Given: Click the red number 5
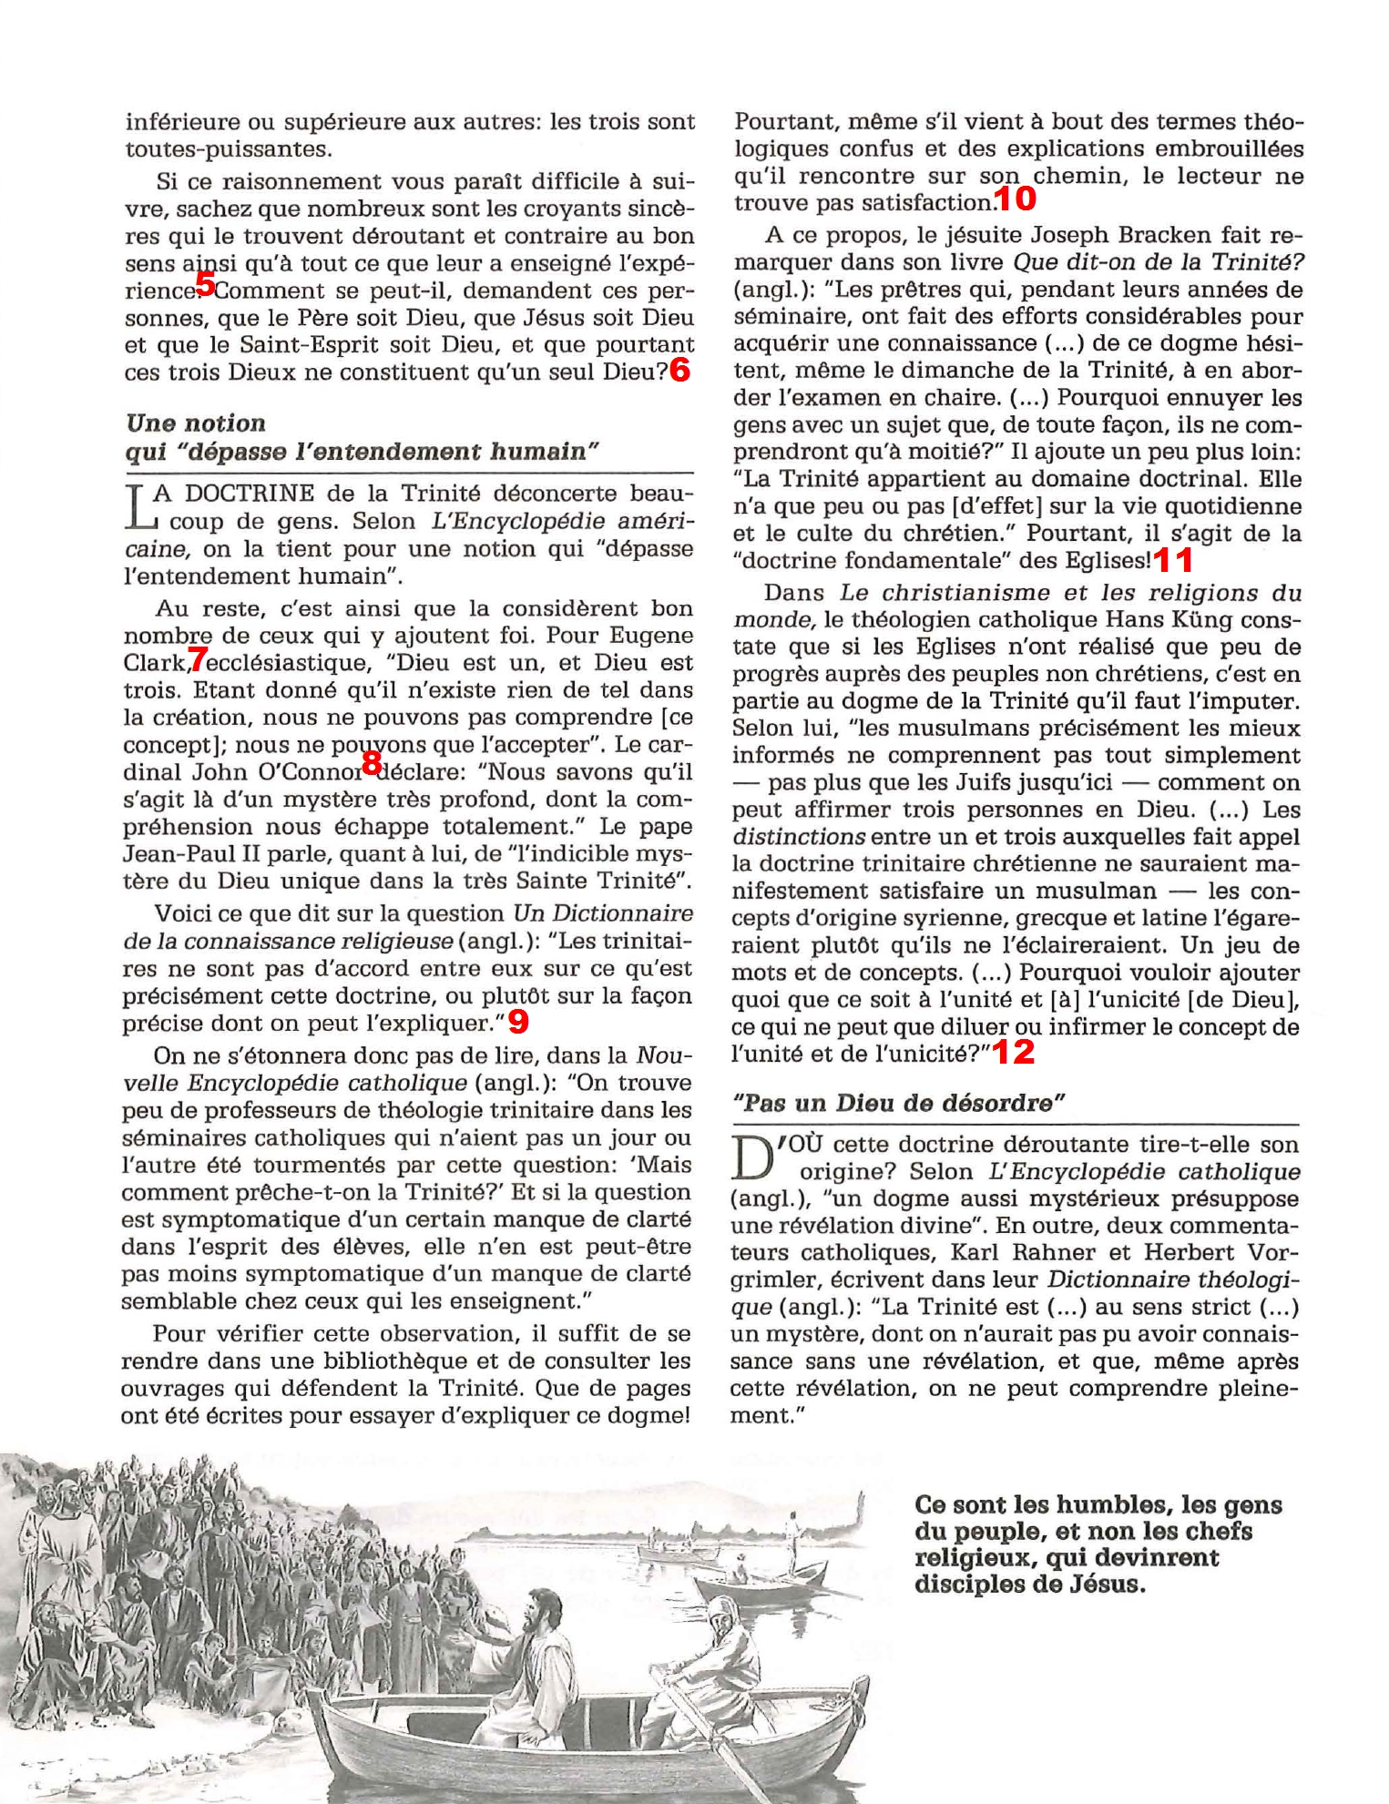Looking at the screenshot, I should pos(205,284).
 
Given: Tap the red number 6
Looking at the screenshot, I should pos(679,370).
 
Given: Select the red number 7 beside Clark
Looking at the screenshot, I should pos(198,657).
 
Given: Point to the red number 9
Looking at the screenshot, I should pos(517,1022).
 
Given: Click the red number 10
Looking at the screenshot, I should pos(1015,198).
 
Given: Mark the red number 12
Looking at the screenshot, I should pos(1013,1053).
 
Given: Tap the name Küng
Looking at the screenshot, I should pos(1181,620).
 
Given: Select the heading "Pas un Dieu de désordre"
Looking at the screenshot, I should pos(899,1104).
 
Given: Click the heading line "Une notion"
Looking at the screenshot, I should pos(196,423).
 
